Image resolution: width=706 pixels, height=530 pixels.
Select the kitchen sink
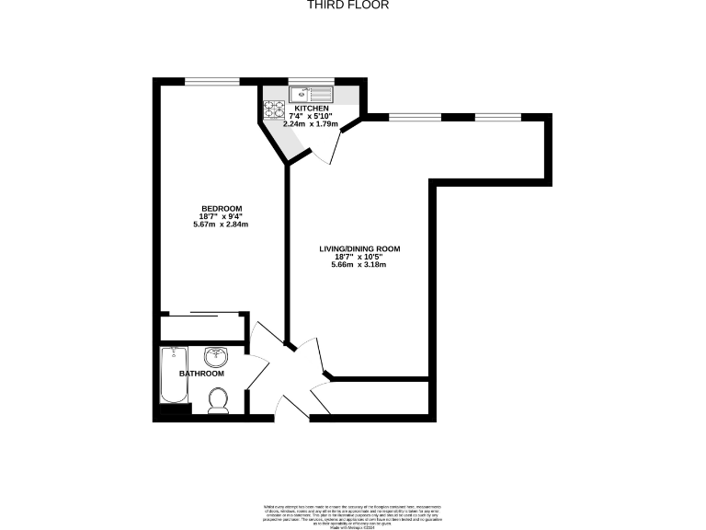click(x=310, y=93)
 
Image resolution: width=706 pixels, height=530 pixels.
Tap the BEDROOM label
click(x=222, y=208)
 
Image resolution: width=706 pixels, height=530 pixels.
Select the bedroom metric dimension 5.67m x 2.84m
click(x=222, y=224)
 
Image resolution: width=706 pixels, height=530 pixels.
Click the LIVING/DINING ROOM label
click(x=359, y=248)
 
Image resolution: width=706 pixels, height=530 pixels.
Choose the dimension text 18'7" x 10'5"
click(x=359, y=257)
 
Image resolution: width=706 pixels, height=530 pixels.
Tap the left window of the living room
click(x=415, y=117)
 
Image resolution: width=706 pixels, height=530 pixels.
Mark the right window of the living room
click(x=496, y=117)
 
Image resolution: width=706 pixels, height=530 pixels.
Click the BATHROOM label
click(x=201, y=374)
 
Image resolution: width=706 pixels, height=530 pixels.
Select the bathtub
click(x=172, y=375)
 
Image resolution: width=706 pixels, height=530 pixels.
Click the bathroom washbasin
click(x=217, y=356)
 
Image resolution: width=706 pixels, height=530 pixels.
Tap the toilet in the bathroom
click(x=219, y=400)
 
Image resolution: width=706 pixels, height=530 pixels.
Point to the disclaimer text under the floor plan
click(x=352, y=512)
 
